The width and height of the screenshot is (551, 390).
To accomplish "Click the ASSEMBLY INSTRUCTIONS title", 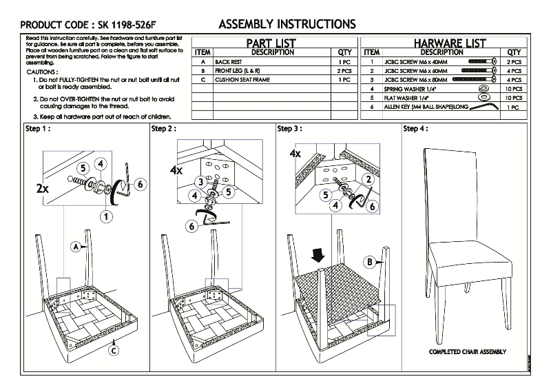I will tap(287, 24).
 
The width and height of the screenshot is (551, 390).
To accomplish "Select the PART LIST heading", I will tap(271, 43).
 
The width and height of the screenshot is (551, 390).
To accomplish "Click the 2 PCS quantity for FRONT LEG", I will tap(344, 71).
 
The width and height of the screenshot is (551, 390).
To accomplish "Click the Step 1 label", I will tap(38, 129).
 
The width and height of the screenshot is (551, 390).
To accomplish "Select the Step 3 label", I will tap(289, 129).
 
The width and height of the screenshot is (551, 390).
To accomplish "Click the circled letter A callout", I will tap(74, 245).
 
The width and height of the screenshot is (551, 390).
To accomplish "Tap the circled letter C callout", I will tap(114, 349).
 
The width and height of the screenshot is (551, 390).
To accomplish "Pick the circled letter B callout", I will tap(370, 262).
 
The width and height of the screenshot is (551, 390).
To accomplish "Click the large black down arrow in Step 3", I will tap(318, 256).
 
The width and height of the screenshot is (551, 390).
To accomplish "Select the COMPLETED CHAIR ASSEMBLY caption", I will tap(467, 351).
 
